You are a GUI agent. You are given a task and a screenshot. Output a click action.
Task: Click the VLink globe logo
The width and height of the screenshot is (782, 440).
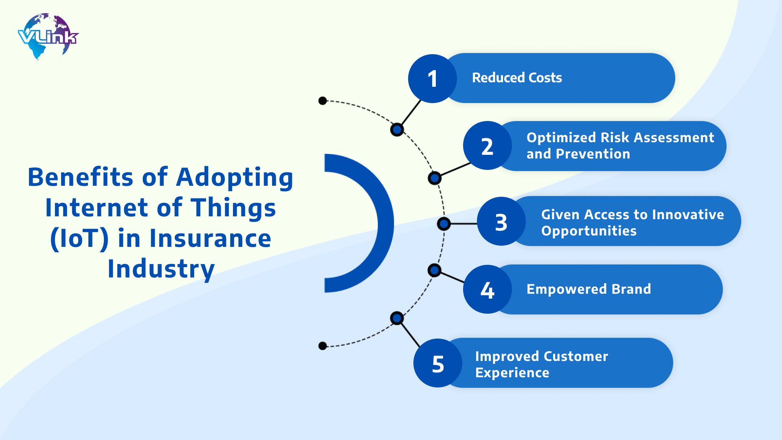(48, 37)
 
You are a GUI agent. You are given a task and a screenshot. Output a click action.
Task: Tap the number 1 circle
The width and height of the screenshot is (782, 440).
(432, 78)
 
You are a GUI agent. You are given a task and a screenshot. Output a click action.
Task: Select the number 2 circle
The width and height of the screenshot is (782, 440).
(487, 146)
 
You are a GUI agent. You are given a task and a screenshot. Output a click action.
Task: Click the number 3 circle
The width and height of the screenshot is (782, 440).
(501, 222)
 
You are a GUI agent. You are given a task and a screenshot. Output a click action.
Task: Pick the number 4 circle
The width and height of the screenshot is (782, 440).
(487, 290)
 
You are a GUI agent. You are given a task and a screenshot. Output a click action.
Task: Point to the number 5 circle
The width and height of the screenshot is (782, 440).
(438, 363)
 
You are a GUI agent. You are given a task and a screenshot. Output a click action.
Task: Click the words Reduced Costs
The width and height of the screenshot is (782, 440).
(516, 78)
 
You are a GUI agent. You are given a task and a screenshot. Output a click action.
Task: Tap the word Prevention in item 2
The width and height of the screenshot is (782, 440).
(593, 154)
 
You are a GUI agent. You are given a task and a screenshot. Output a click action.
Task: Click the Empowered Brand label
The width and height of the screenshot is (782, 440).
(589, 289)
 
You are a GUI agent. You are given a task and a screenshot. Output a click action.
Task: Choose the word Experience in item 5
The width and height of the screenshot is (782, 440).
(512, 373)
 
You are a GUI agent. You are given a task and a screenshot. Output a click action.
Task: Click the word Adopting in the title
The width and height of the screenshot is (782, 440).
(235, 178)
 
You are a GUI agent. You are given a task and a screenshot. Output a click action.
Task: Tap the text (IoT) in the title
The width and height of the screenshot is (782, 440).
(79, 238)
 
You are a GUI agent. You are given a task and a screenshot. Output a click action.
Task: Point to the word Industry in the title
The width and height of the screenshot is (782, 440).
(161, 269)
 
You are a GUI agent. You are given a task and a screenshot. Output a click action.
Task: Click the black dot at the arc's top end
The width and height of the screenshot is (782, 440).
(323, 101)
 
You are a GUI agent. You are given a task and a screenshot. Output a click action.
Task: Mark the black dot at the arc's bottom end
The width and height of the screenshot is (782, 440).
(323, 346)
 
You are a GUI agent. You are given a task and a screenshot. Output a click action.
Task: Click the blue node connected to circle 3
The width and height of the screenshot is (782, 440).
(444, 224)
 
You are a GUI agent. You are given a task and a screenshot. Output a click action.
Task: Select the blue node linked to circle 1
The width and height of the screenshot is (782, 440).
(397, 130)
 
